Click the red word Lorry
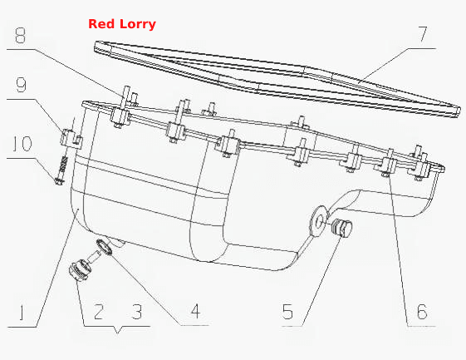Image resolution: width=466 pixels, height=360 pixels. [x=138, y=24]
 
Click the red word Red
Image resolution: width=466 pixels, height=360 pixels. [x=102, y=24]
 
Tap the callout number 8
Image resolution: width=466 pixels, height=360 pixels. [x=20, y=36]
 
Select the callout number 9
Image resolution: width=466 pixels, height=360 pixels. [x=21, y=85]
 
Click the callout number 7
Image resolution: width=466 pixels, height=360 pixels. [x=423, y=34]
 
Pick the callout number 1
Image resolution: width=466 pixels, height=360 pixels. [x=21, y=313]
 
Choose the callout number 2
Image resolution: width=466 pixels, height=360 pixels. [x=99, y=312]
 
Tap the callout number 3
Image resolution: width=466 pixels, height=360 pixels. [x=137, y=312]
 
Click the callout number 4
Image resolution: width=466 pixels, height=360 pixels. [x=195, y=311]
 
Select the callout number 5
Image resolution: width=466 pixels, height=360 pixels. [x=287, y=312]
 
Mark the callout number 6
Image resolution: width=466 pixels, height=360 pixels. [x=422, y=312]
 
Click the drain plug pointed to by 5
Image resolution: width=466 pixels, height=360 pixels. [x=341, y=227]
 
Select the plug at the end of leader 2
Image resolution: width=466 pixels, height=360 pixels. [x=80, y=269]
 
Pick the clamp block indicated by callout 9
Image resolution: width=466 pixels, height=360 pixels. [x=71, y=137]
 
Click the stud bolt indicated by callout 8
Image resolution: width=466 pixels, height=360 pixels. [x=125, y=95]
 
